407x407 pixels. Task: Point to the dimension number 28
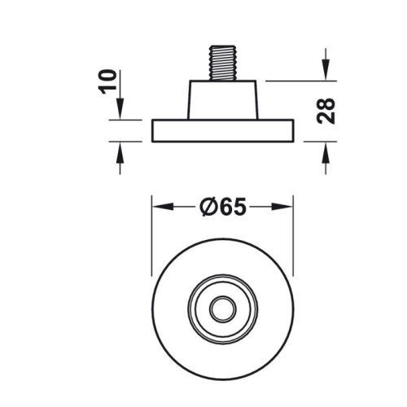326,111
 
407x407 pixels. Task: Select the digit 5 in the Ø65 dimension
238,208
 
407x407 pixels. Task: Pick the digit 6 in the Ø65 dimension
224,208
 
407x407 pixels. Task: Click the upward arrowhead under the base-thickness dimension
120,147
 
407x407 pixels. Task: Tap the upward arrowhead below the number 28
326,147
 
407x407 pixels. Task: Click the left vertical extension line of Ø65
152,236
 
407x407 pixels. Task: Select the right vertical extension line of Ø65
292,236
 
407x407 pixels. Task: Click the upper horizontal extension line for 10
130,121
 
